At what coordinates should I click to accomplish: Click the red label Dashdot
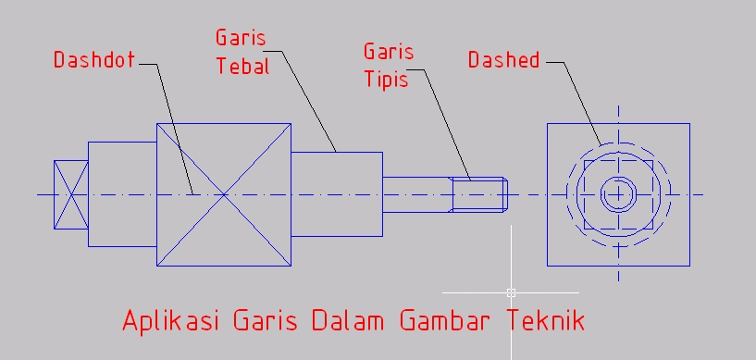tap(93, 61)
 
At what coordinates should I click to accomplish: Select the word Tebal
tap(242, 67)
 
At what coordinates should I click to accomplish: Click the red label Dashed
tap(503, 61)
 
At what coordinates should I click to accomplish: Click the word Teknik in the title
tap(546, 321)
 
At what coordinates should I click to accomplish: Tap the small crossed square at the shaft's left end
tap(70, 194)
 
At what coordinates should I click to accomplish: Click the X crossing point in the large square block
tap(223, 194)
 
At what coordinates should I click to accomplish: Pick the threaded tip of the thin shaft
tap(480, 194)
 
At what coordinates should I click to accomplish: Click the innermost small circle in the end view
tap(617, 194)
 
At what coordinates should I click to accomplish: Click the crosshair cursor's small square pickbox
tap(511, 292)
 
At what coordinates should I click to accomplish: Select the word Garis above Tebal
tap(241, 38)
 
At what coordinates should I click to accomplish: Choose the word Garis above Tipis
tap(388, 51)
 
